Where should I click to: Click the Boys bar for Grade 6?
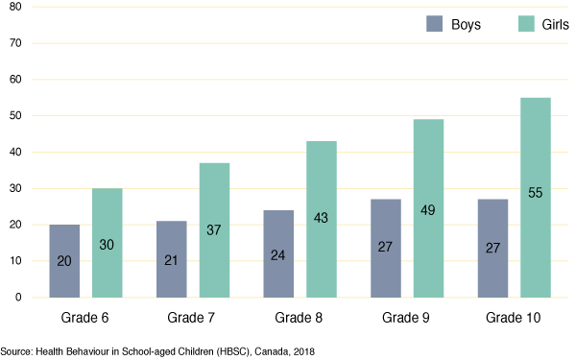point(64,260)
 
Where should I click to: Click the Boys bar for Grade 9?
point(384,248)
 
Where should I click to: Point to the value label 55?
point(535,193)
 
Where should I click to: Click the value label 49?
point(428,210)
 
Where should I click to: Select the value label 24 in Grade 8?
point(277,256)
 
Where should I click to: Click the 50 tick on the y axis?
point(15,116)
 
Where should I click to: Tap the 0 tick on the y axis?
point(18,297)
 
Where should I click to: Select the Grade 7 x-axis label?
point(192,317)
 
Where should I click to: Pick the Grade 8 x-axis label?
point(299,317)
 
